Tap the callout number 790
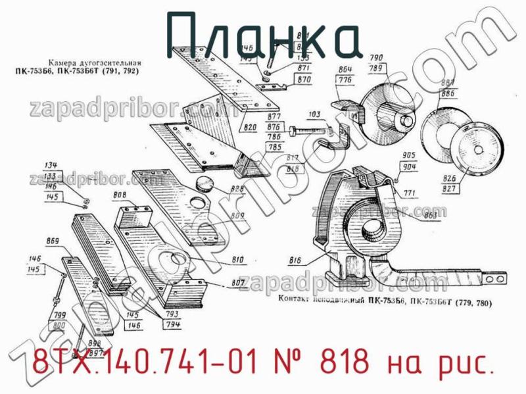376,57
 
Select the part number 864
345,69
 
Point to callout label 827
449,189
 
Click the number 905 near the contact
408,155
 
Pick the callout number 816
295,261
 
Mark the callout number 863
431,215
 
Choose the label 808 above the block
120,195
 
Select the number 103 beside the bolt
314,114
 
